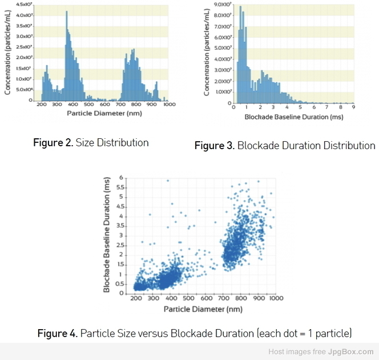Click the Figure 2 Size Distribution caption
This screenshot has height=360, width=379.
[x=91, y=142]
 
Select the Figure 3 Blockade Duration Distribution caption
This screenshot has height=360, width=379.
[x=285, y=146]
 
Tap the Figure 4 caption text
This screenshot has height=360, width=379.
[x=195, y=333]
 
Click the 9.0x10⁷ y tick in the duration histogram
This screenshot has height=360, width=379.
[x=222, y=4]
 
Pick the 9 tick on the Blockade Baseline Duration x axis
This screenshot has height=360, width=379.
[x=353, y=107]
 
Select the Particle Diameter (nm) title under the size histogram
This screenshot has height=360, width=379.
[x=104, y=113]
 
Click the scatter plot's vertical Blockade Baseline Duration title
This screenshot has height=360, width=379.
[x=107, y=234]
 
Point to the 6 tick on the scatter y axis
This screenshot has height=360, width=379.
[x=122, y=178]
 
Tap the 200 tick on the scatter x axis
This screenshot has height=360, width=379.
[x=136, y=298]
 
